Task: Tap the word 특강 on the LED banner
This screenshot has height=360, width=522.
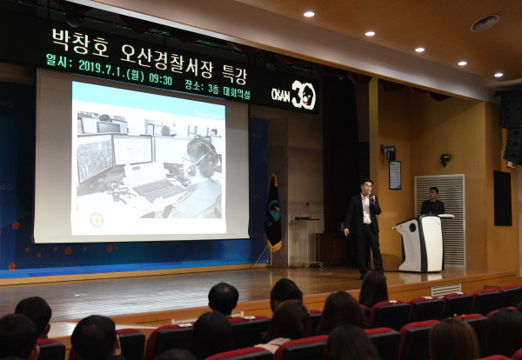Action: [x=234, y=74]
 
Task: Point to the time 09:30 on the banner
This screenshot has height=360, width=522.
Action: [x=160, y=79]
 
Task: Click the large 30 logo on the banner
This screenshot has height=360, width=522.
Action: [x=304, y=95]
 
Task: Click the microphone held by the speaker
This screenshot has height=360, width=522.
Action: [x=371, y=197]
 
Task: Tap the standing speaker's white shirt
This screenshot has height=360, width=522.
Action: [x=366, y=209]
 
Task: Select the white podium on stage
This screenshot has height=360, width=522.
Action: [x=421, y=243]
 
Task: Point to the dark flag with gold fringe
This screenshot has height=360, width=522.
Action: [x=273, y=214]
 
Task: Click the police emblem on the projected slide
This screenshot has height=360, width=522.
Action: [x=97, y=220]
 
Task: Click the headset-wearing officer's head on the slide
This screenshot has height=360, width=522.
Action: [x=202, y=157]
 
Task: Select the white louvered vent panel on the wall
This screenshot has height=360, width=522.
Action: [x=439, y=220]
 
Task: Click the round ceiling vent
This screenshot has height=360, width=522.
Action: [x=485, y=23]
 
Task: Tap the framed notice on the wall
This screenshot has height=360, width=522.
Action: [x=395, y=175]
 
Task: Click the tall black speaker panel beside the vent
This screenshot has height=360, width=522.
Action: [x=503, y=198]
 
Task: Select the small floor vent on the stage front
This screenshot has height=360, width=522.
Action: [x=446, y=290]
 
